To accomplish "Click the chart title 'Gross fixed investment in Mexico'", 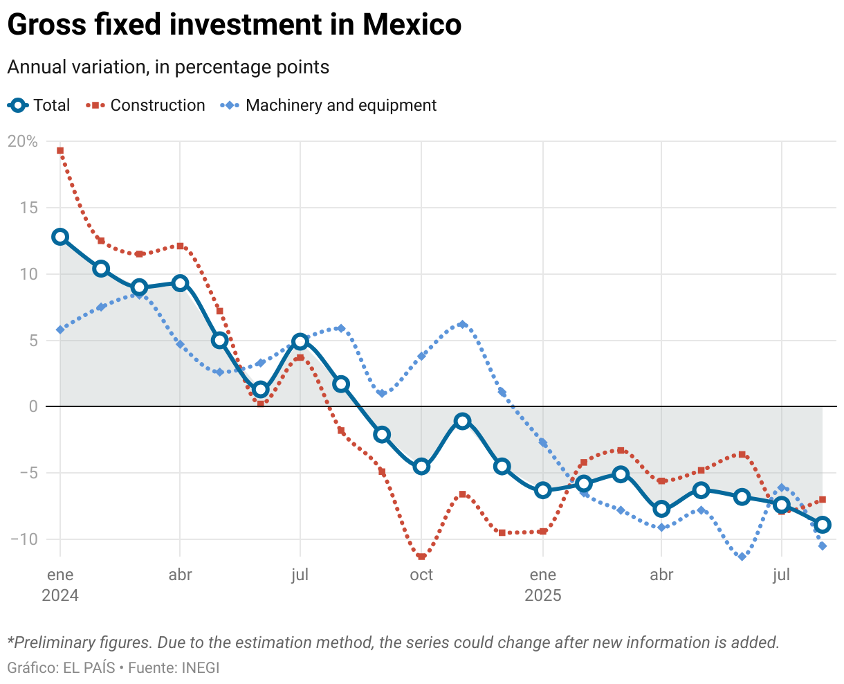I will pyautogui.click(x=234, y=26).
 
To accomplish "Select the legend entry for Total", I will pyautogui.click(x=39, y=105).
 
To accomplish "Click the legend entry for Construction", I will pyautogui.click(x=146, y=105).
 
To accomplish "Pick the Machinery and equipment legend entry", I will pyautogui.click(x=329, y=105).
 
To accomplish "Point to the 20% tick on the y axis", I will pyautogui.click(x=23, y=142).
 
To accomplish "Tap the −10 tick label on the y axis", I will pyautogui.click(x=23, y=539).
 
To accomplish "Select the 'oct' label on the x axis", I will pyautogui.click(x=421, y=575).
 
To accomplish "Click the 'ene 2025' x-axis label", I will pyautogui.click(x=543, y=585).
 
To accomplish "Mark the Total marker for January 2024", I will pyautogui.click(x=60, y=237).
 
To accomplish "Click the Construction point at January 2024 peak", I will pyautogui.click(x=60, y=150).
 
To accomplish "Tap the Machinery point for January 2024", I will pyautogui.click(x=60, y=330).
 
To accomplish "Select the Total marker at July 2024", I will pyautogui.click(x=300, y=341).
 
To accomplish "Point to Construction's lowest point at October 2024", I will pyautogui.click(x=421, y=557).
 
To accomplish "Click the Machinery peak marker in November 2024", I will pyautogui.click(x=463, y=324).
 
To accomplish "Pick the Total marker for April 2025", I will pyautogui.click(x=661, y=509).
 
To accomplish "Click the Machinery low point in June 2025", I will pyautogui.click(x=742, y=557).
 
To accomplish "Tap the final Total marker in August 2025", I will pyautogui.click(x=823, y=525).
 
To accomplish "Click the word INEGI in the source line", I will pyautogui.click(x=201, y=668).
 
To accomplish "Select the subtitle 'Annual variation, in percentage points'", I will pyautogui.click(x=168, y=67).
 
